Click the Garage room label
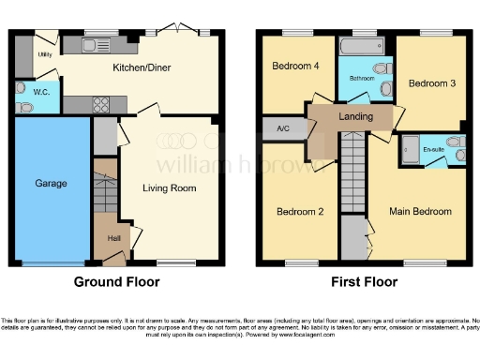coord(52,184)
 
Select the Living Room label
coord(169,188)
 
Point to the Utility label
coord(44,55)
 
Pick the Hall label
coord(113,238)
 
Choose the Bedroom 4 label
coord(289,67)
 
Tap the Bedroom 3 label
coord(432,83)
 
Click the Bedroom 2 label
coord(300,212)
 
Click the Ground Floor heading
coord(117,281)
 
